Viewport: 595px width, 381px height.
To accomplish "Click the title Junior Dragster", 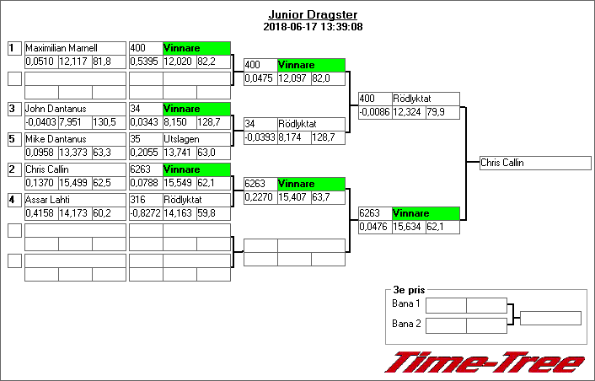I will pos(313,14).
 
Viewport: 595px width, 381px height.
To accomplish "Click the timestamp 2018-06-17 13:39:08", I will pos(313,26).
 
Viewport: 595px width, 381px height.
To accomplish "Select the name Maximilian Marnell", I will pos(61,48).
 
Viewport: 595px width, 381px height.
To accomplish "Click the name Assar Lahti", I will pos(46,200).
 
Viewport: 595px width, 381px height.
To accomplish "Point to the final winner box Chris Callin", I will pos(531,163).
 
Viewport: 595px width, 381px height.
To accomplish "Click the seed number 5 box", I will pos(13,139).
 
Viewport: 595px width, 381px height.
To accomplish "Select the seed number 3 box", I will pos(13,109).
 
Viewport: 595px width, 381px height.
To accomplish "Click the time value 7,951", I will pos(72,122).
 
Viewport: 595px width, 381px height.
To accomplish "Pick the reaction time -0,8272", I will pos(145,213).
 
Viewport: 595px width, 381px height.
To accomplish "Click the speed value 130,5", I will pos(105,122).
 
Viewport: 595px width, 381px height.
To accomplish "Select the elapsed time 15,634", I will pos(409,227).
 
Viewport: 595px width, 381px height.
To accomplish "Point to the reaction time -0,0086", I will pos(375,112).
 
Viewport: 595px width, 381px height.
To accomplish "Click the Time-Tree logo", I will pos(484,362).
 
